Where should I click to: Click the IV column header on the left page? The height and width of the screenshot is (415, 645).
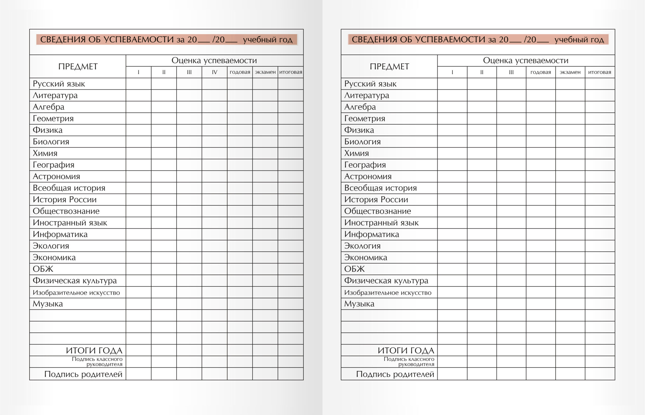(215, 72)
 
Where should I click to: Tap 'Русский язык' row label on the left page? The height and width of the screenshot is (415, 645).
(59, 84)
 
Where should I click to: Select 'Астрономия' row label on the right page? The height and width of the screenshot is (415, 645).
(368, 177)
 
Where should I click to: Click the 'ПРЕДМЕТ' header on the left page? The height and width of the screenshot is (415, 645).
(78, 66)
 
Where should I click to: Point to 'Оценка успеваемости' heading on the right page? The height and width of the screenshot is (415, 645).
(526, 60)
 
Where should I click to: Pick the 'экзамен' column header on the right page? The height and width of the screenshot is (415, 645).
(570, 72)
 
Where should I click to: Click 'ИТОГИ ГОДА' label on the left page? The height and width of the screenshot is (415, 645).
(94, 350)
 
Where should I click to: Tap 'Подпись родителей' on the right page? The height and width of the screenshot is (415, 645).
(395, 374)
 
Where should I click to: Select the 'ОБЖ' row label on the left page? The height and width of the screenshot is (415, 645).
(43, 269)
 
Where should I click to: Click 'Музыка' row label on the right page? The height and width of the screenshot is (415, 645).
(359, 304)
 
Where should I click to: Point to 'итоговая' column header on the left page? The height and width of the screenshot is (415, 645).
(291, 72)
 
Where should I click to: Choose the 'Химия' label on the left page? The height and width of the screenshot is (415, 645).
(45, 153)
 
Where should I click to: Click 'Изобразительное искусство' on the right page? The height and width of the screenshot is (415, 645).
(388, 292)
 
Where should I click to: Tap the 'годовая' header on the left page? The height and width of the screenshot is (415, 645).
(240, 72)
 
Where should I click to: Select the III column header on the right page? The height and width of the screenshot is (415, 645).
(511, 72)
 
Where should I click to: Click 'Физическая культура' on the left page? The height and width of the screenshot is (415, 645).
(75, 281)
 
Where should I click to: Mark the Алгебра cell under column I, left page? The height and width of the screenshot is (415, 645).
(139, 107)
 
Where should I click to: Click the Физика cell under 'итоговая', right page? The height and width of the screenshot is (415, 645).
(600, 130)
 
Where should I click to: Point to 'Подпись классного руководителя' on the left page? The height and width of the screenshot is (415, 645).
(97, 362)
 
